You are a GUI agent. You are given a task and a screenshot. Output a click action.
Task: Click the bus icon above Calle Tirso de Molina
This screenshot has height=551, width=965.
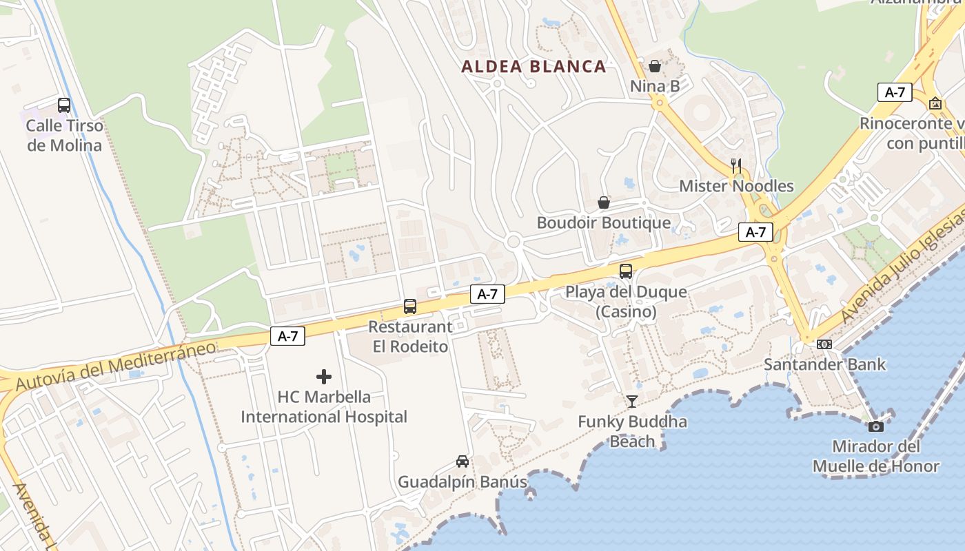tap(64, 105)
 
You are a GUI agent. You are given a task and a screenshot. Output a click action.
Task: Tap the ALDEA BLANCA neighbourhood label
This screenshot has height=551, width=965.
tap(534, 67)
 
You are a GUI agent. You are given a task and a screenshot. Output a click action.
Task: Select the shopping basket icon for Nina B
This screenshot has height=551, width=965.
tap(655, 66)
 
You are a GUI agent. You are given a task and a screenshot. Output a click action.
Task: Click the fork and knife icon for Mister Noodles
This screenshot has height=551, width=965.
tap(736, 165)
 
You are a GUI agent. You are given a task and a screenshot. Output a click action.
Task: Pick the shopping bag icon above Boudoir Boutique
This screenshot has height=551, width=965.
tap(604, 202)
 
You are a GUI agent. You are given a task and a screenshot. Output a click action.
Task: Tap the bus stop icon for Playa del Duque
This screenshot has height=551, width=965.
tap(626, 271)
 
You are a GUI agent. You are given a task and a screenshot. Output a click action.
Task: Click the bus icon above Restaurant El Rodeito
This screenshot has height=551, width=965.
tap(410, 306)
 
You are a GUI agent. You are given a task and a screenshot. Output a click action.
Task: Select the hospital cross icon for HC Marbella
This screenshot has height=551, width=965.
tap(324, 377)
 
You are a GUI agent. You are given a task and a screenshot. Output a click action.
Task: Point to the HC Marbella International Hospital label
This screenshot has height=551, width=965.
tap(324, 407)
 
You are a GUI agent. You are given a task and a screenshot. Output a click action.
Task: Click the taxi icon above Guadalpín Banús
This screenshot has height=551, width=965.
tap(463, 461)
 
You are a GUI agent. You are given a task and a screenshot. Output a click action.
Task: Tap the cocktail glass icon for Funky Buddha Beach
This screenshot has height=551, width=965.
tap(632, 401)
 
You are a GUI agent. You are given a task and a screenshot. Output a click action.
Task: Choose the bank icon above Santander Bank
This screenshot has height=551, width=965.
tap(824, 344)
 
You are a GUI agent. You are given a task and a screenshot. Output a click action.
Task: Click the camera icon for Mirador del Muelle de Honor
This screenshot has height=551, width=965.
tap(876, 426)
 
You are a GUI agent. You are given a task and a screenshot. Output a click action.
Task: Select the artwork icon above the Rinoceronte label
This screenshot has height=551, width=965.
tap(935, 103)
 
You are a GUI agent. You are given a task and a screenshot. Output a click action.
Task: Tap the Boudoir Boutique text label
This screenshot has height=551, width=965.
tap(603, 223)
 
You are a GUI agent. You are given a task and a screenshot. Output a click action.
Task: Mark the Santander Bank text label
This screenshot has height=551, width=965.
tap(824, 364)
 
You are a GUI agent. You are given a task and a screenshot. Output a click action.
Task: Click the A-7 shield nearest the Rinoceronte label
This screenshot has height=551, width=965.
tap(895, 92)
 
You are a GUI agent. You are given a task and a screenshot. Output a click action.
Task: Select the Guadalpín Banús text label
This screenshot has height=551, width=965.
tap(463, 482)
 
